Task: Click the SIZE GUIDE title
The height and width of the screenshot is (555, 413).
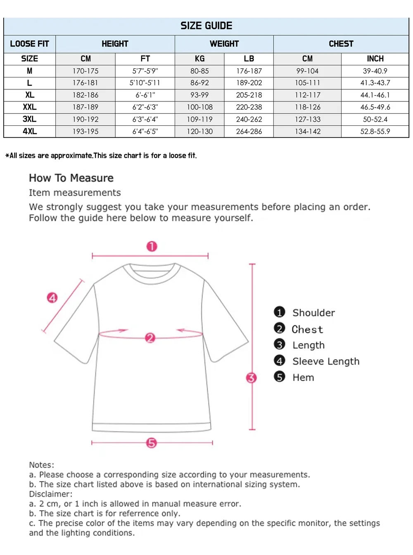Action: [x=206, y=26]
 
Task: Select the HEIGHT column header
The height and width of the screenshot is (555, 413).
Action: [x=115, y=44]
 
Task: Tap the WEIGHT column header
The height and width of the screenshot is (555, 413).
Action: [x=224, y=44]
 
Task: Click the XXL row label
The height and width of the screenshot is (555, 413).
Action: [x=30, y=107]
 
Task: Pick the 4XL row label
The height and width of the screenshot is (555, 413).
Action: [x=30, y=132]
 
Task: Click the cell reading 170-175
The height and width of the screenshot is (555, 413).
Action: [x=85, y=71]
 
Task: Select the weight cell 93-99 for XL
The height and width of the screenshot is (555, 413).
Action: [x=199, y=95]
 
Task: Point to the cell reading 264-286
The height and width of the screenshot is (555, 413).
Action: [x=249, y=132]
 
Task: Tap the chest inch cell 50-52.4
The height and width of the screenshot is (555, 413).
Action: [x=375, y=120]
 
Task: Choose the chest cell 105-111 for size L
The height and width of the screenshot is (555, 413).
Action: [x=307, y=83]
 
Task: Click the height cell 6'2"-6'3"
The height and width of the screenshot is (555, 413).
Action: [x=145, y=107]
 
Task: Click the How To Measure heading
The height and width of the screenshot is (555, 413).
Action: [x=71, y=178]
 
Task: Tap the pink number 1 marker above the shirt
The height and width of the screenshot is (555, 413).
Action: [x=152, y=247]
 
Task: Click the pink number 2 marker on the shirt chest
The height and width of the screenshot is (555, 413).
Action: [x=150, y=338]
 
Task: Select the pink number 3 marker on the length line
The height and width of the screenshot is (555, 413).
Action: [x=251, y=377]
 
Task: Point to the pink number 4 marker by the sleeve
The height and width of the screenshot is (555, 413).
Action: [x=52, y=298]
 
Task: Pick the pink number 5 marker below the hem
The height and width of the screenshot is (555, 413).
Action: [x=152, y=443]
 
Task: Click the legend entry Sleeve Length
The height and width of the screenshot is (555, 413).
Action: [x=326, y=361]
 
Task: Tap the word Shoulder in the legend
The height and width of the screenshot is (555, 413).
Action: [x=313, y=313]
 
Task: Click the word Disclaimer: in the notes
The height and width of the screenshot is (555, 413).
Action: [x=50, y=494]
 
